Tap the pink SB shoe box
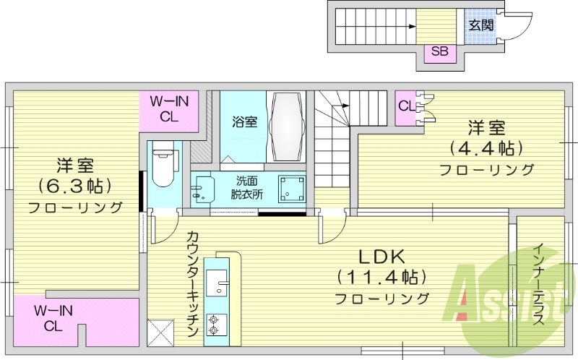[x=439, y=51]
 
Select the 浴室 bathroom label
[x=244, y=121]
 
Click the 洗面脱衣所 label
[x=246, y=187]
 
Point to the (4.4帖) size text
[x=486, y=148]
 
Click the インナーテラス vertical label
[x=538, y=285]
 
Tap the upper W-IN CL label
[x=169, y=109]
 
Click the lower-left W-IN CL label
[x=54, y=318]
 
